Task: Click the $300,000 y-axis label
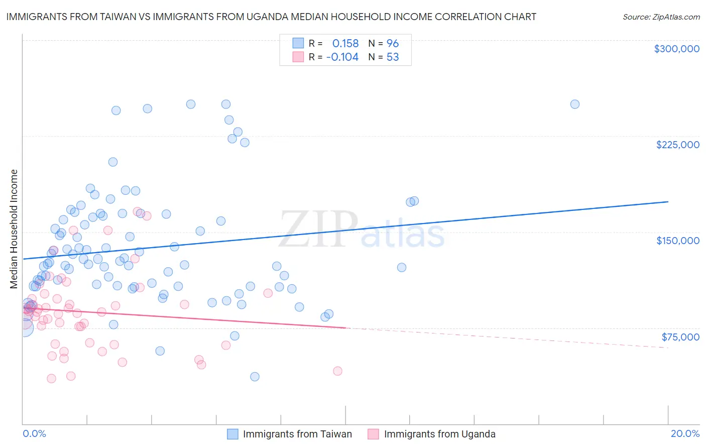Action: (x=676, y=49)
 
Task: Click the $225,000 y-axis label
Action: (x=677, y=145)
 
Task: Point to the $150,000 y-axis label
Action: (x=677, y=241)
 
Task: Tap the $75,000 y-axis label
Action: (x=680, y=337)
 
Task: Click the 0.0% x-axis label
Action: (x=34, y=433)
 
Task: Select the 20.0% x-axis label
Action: (x=685, y=433)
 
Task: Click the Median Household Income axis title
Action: (x=14, y=229)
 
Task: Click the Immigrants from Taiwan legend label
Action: (x=297, y=434)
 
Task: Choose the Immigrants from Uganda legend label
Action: (x=439, y=434)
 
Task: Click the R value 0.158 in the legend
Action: (x=345, y=44)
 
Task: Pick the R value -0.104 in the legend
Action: (x=342, y=57)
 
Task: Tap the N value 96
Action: (x=393, y=44)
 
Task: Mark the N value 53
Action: (x=393, y=57)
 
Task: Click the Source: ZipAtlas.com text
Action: (x=661, y=17)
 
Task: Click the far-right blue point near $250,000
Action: (x=575, y=104)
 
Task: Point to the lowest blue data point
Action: (x=255, y=377)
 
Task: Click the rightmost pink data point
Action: (x=337, y=371)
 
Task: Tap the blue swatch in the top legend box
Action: (x=298, y=43)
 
